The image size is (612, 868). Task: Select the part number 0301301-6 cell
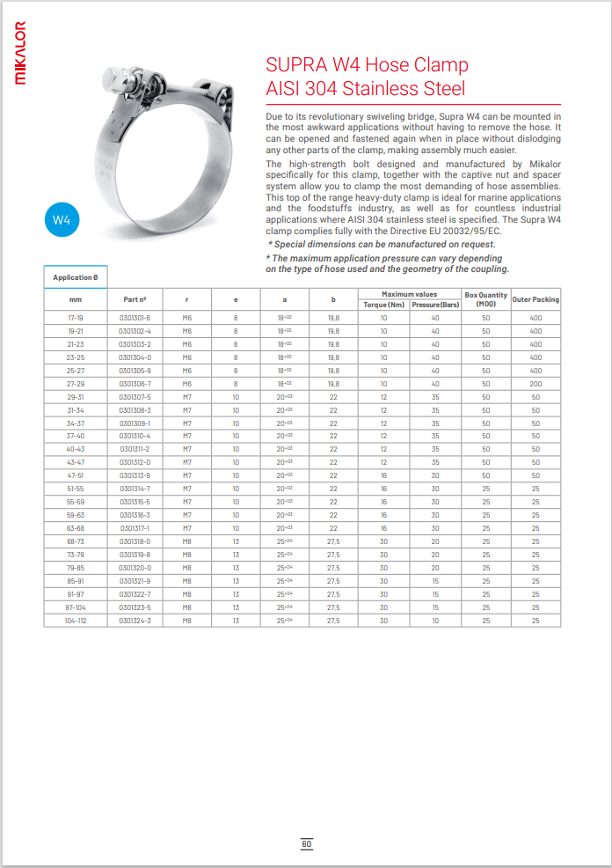[x=135, y=318]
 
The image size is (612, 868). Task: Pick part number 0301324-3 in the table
[x=135, y=622]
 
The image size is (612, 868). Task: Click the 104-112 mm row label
[x=75, y=622]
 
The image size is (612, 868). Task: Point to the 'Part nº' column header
[x=135, y=299]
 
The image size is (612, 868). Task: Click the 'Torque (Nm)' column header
[x=383, y=305]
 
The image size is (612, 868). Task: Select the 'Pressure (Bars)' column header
[x=435, y=305]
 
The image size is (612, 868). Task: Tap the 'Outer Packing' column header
[x=535, y=299]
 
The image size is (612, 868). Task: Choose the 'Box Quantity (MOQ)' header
[x=486, y=299]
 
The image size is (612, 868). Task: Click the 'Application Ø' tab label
[x=76, y=277]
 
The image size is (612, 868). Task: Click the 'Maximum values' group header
[x=409, y=294]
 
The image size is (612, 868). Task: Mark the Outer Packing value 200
[x=535, y=384]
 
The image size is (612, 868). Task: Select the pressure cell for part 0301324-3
[x=435, y=622]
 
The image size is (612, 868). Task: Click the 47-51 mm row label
[x=75, y=475]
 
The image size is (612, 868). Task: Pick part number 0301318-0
[x=135, y=541]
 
